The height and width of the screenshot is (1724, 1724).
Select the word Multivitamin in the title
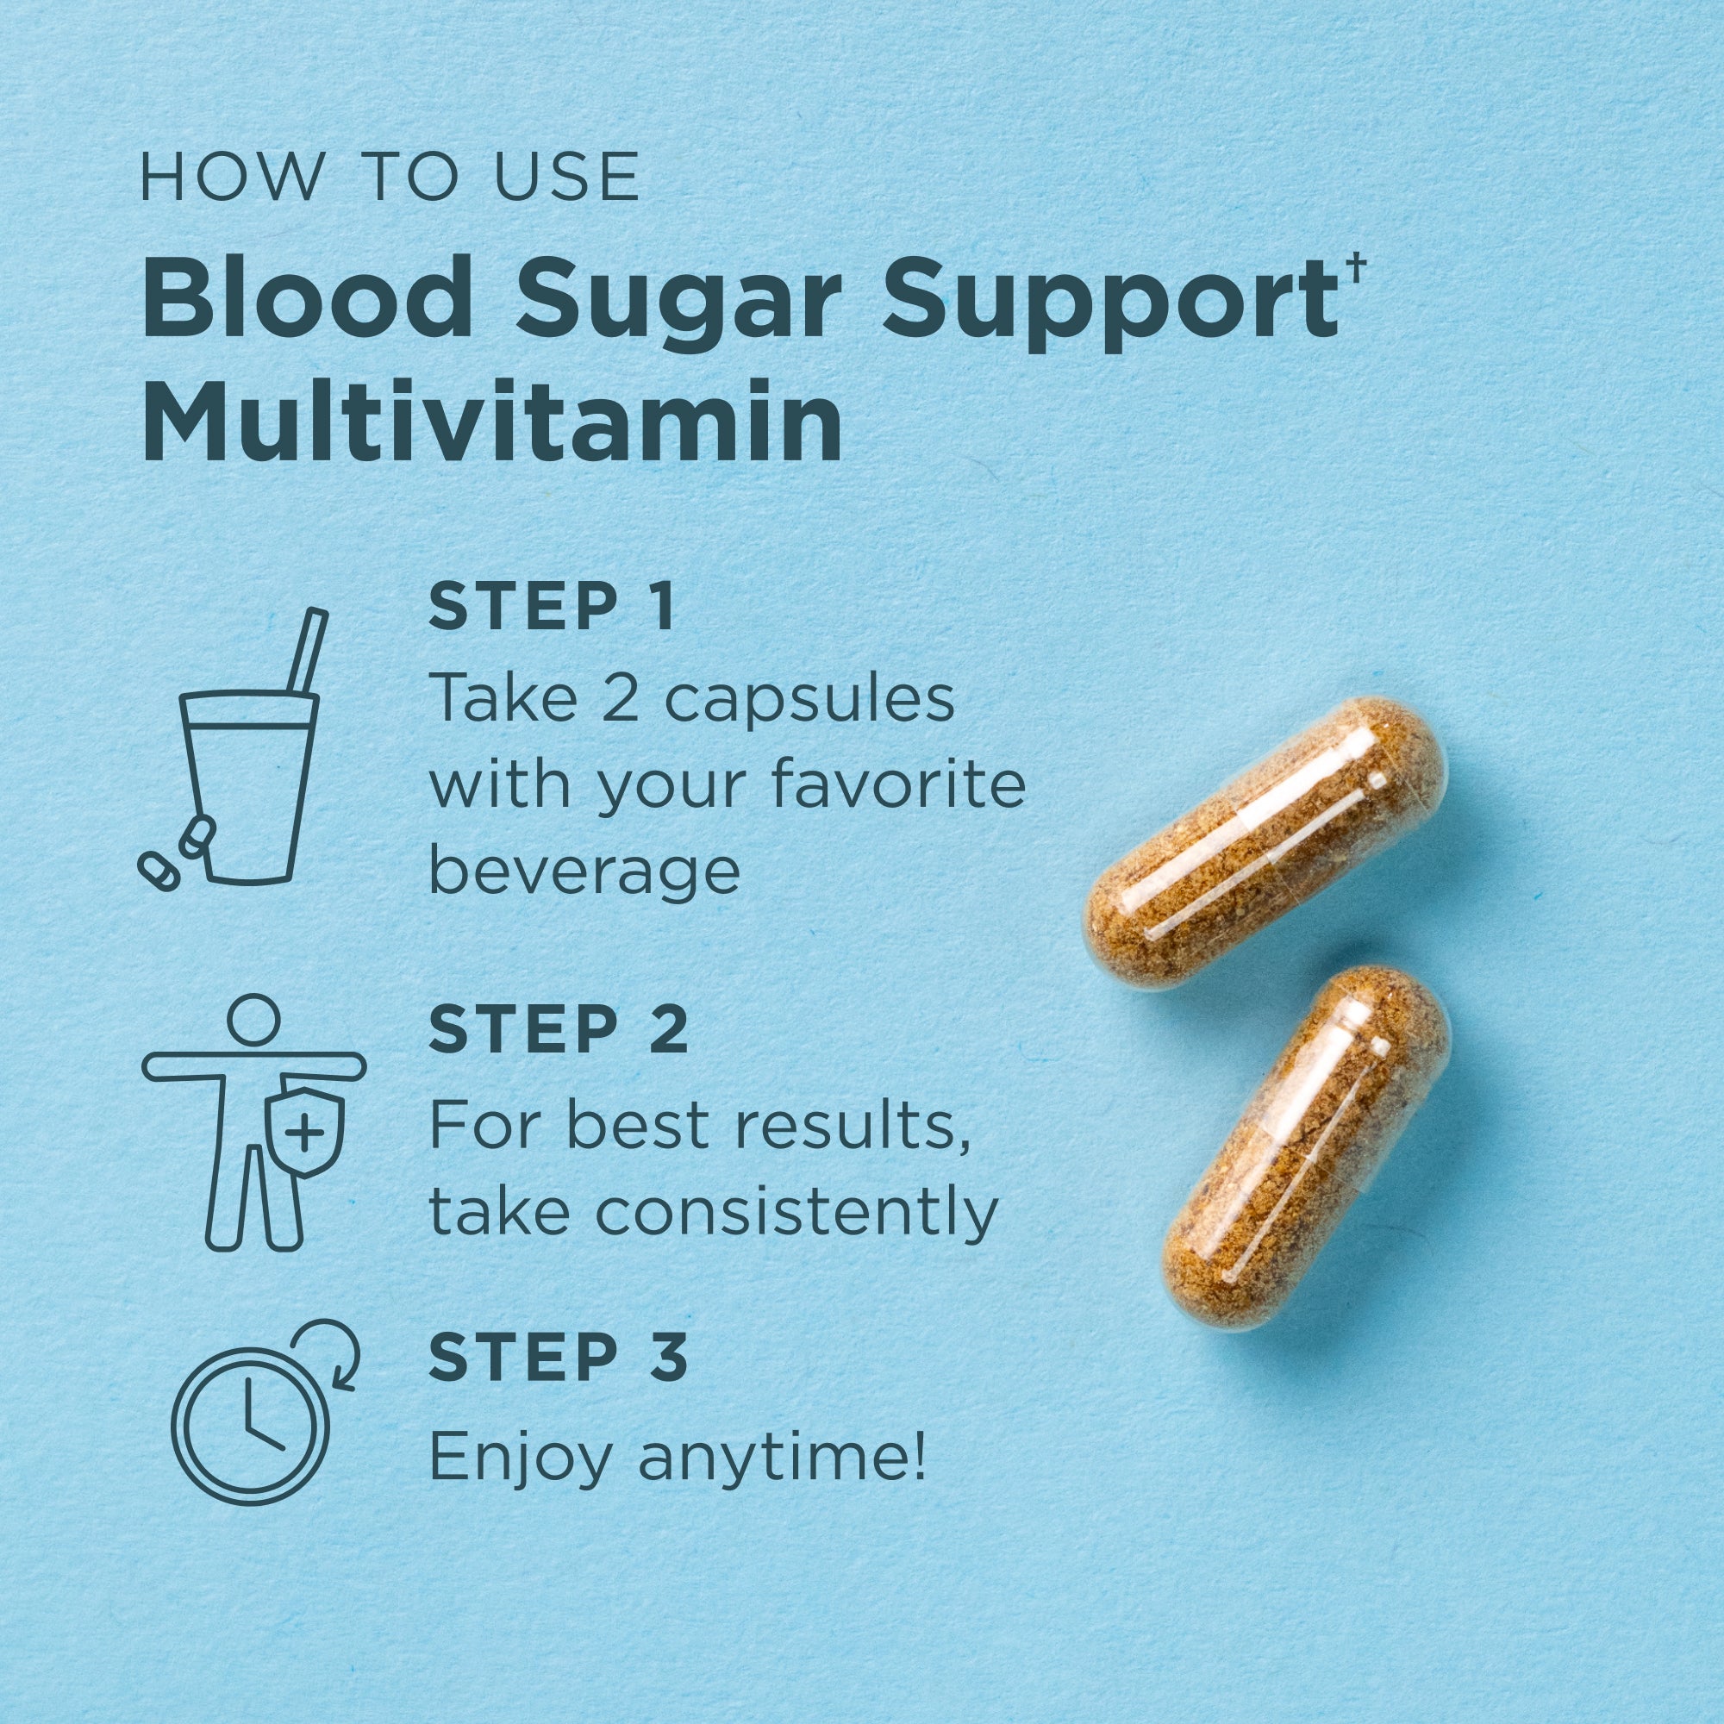[491, 417]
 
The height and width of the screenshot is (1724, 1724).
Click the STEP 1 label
[552, 607]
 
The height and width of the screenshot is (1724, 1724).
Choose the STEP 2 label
[559, 1029]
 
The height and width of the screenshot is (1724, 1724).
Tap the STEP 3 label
[559, 1358]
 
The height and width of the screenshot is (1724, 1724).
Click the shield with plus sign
[305, 1132]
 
